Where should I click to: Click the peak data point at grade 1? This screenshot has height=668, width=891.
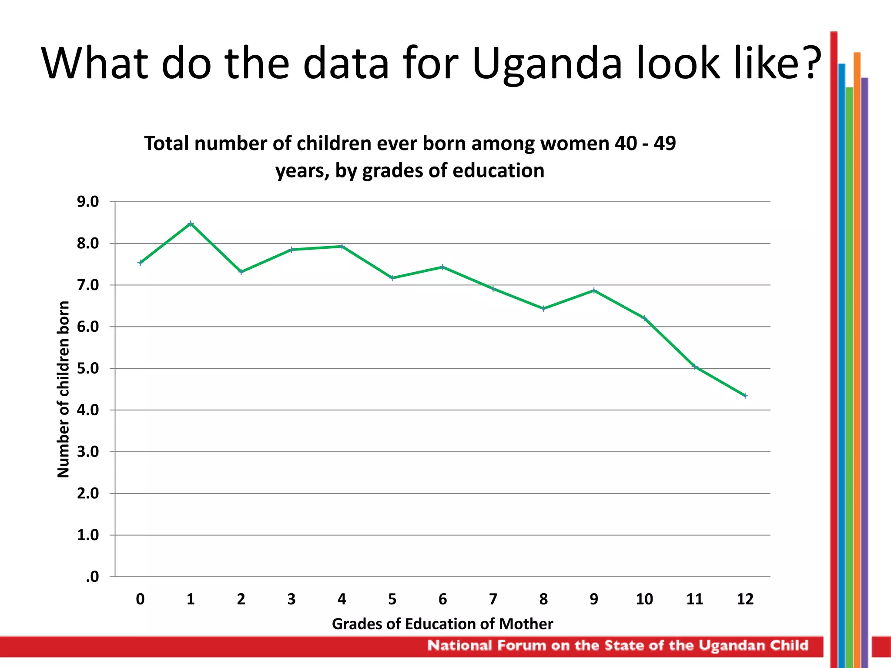[191, 224]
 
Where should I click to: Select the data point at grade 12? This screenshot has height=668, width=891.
[745, 396]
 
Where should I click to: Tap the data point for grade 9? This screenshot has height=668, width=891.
[594, 291]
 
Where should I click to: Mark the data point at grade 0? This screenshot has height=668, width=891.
[140, 262]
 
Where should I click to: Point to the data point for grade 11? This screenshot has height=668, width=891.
[695, 367]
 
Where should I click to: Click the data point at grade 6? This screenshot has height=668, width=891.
[442, 267]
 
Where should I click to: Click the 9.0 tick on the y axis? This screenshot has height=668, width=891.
[88, 202]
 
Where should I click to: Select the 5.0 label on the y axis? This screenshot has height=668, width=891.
[88, 368]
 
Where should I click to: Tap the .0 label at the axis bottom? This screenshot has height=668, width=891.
[92, 577]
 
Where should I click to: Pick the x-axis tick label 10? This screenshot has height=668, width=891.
[644, 599]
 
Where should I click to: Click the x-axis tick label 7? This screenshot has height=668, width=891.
[493, 599]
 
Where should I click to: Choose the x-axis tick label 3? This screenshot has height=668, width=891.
[291, 599]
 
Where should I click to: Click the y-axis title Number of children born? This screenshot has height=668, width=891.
[64, 389]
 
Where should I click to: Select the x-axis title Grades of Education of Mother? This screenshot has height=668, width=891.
[442, 624]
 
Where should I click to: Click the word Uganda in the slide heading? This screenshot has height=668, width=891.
[547, 64]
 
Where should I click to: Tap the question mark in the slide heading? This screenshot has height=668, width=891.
[810, 63]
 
